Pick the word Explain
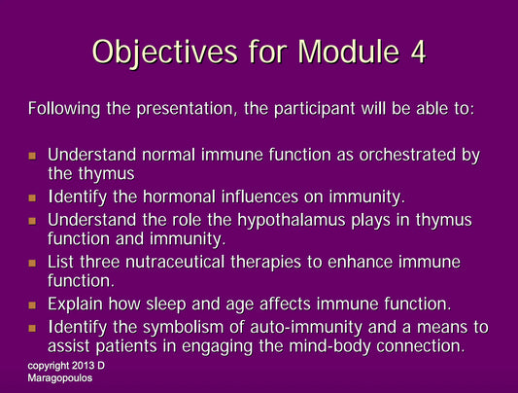(x=76, y=304)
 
